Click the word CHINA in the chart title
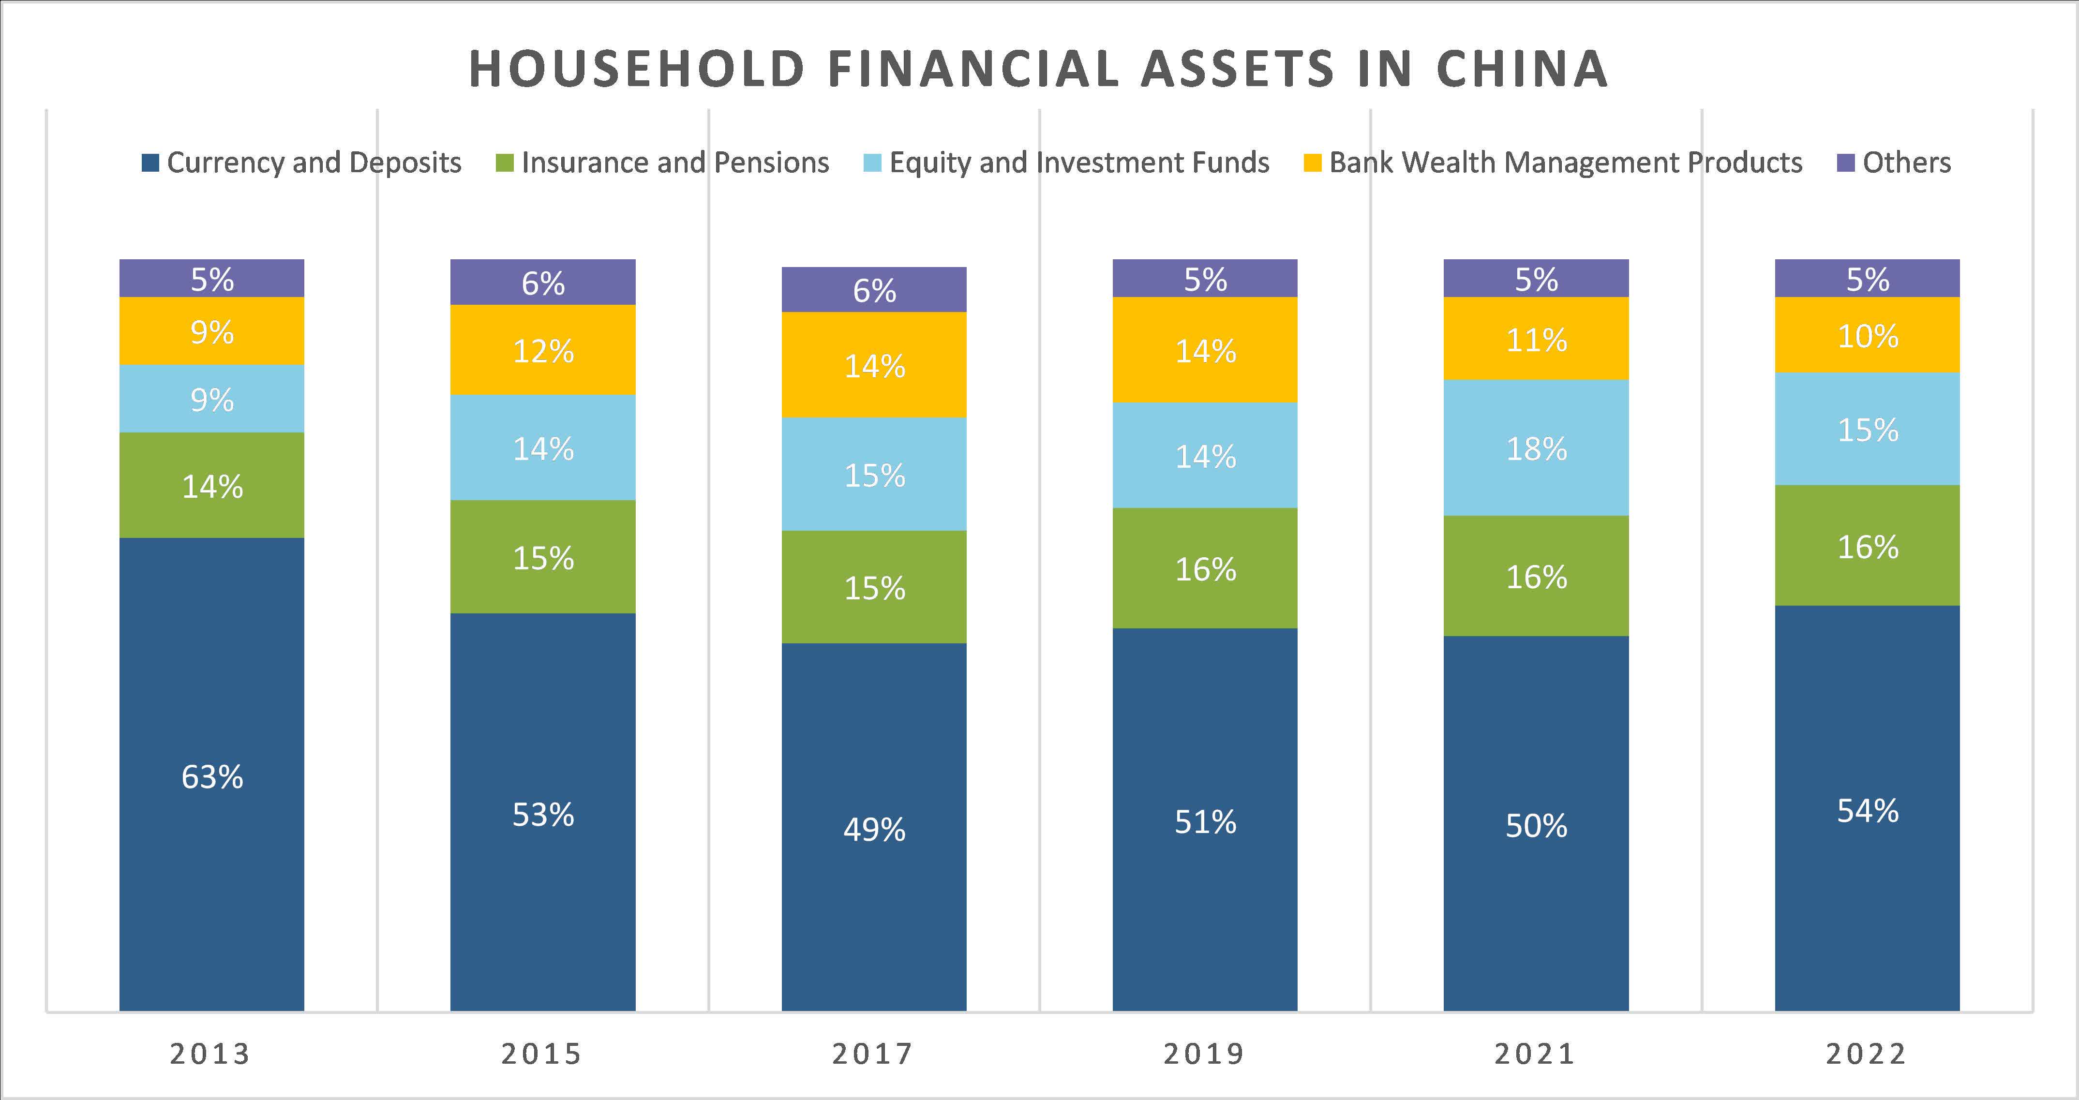1522,69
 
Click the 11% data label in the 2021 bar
1536,340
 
